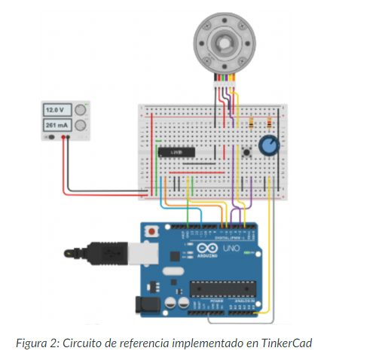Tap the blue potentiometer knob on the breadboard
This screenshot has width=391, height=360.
(x=267, y=145)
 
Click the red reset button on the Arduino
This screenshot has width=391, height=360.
(x=153, y=230)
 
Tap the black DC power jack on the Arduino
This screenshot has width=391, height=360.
(x=146, y=305)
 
